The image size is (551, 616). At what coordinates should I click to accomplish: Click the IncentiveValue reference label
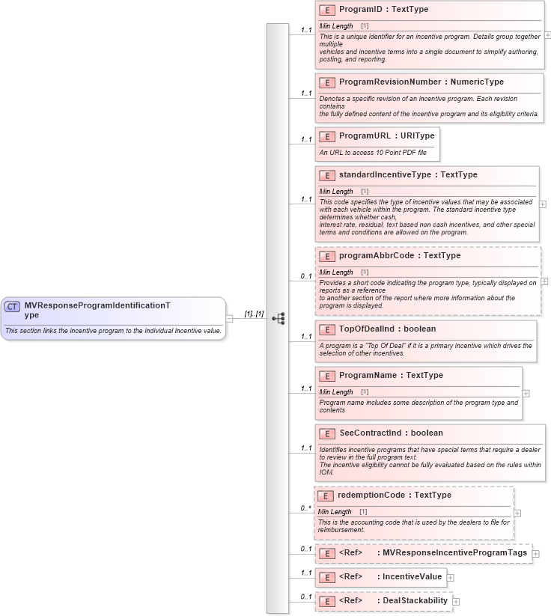[412, 577]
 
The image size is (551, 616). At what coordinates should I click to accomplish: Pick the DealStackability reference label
[415, 600]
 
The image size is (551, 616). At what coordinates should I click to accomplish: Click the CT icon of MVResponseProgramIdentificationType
[13, 306]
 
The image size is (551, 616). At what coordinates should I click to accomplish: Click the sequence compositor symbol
[278, 318]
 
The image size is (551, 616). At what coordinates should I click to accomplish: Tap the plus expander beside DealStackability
[457, 601]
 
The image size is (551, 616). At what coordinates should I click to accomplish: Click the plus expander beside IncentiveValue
[451, 577]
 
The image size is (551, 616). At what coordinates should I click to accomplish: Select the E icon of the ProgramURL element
[326, 136]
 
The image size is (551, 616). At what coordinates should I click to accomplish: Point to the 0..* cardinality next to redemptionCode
[305, 509]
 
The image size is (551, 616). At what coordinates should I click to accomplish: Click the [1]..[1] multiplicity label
[254, 314]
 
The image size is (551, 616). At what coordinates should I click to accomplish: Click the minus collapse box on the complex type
[230, 318]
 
